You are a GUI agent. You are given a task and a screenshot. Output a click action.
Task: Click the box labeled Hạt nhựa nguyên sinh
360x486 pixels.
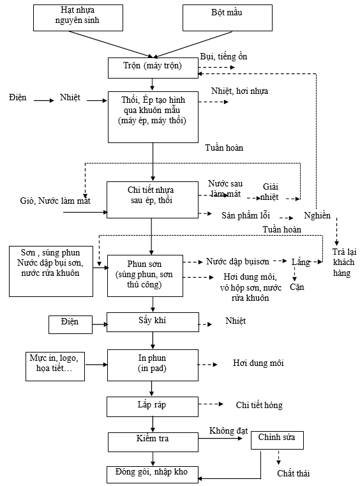pyautogui.click(x=78, y=18)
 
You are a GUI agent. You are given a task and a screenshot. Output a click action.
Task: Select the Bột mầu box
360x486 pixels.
pyautogui.click(x=227, y=18)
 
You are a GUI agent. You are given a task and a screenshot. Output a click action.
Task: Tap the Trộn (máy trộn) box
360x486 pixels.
pyautogui.click(x=153, y=68)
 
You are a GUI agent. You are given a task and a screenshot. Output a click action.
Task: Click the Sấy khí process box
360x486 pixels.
pyautogui.click(x=153, y=322)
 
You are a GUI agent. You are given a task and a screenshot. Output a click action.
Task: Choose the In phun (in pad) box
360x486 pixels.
pyautogui.click(x=153, y=365)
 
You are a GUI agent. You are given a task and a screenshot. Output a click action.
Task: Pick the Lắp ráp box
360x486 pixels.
pyautogui.click(x=153, y=407)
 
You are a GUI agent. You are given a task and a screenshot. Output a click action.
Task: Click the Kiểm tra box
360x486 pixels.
pyautogui.click(x=153, y=442)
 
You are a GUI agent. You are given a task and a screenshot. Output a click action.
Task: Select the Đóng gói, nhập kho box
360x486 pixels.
pyautogui.click(x=153, y=475)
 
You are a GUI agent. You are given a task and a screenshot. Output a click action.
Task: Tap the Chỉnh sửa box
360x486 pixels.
pyautogui.click(x=277, y=440)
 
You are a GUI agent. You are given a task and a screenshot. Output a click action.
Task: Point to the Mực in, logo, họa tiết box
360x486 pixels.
pyautogui.click(x=55, y=367)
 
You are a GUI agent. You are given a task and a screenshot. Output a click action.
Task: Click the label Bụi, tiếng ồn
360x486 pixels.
pyautogui.click(x=223, y=56)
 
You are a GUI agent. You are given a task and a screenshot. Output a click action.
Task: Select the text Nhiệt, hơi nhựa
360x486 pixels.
pyautogui.click(x=240, y=91)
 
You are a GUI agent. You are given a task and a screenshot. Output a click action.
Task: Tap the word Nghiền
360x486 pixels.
pyautogui.click(x=317, y=215)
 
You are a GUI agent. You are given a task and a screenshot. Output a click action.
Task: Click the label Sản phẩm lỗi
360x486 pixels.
pyautogui.click(x=246, y=215)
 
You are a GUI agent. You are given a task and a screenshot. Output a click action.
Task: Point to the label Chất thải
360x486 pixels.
pyautogui.click(x=294, y=473)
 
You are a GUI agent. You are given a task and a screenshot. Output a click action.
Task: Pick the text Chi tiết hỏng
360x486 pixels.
pyautogui.click(x=259, y=405)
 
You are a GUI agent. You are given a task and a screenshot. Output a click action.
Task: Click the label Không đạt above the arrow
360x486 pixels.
pyautogui.click(x=229, y=430)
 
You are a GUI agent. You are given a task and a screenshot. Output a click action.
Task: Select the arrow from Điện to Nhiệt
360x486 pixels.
pyautogui.click(x=44, y=100)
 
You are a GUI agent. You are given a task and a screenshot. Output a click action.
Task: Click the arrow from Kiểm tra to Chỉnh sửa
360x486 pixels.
pyautogui.click(x=220, y=438)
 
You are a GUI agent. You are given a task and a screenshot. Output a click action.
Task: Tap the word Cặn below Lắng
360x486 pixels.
pyautogui.click(x=297, y=287)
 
